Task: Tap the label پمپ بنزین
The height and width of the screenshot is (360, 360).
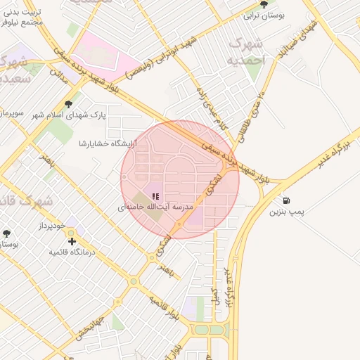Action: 287,211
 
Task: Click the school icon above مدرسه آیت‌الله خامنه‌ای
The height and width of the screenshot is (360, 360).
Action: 155,196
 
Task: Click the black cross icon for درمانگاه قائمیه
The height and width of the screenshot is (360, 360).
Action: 72,241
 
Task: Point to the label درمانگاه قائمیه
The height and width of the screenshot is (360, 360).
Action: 89,251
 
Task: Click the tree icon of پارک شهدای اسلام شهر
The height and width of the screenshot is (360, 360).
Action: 67,104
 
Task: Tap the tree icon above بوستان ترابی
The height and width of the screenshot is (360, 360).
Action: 264,4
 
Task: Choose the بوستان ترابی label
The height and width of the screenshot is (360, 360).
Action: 264,15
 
